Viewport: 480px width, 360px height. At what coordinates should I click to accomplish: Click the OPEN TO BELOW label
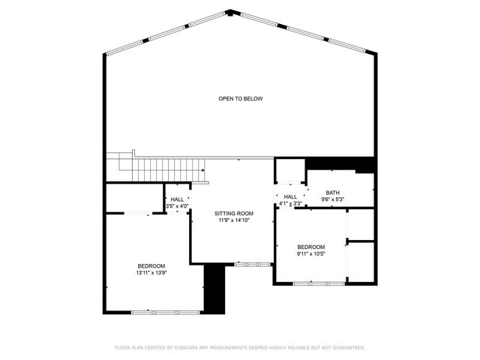point(240,99)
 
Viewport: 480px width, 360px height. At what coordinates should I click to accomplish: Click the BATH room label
point(332,193)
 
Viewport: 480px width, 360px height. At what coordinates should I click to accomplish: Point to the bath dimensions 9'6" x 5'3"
point(332,199)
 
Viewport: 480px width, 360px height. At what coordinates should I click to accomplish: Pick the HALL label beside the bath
point(290,196)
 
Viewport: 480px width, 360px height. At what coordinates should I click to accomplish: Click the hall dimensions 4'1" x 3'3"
point(290,203)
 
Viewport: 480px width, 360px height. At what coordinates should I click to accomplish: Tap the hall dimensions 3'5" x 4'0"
point(177,205)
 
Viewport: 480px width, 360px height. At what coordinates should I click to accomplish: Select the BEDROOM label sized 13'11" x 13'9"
point(151,266)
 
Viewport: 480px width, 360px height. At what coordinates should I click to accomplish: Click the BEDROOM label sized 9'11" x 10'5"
point(310,247)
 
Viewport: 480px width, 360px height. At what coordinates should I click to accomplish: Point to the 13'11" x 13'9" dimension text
point(151,273)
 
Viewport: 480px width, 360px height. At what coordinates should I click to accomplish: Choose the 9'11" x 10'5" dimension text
point(310,254)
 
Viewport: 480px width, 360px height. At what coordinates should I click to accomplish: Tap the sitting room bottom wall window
point(253,263)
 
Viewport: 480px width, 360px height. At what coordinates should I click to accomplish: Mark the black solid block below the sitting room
point(214,289)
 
